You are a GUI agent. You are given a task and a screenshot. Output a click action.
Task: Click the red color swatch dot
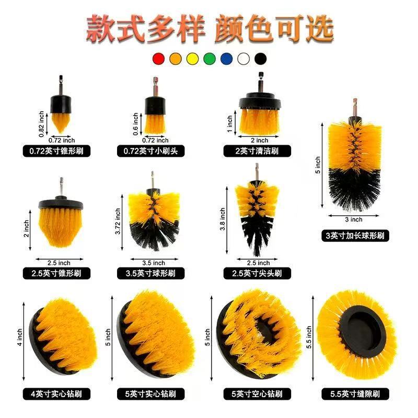click(x=158, y=59)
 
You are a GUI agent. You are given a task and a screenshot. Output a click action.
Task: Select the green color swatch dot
click(x=209, y=59)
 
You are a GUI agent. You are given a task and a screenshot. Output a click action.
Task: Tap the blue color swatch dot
click(x=226, y=59)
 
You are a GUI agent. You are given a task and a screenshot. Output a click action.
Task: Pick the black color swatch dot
click(x=260, y=59)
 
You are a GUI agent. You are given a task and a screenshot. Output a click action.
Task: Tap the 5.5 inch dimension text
click(x=309, y=338)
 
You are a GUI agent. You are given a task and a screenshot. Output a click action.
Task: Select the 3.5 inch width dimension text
click(x=152, y=262)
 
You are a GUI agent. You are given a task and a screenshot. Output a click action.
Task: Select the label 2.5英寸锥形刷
click(x=57, y=273)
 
